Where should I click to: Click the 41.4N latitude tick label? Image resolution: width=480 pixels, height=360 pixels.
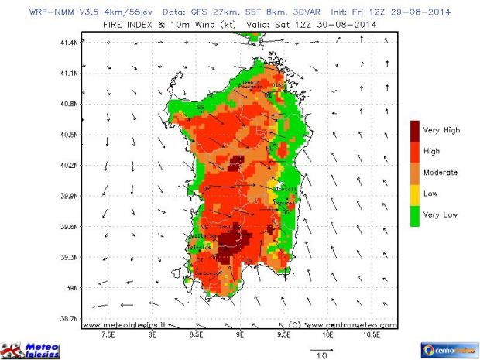pos(69,43)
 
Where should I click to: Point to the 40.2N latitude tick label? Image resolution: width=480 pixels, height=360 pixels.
pos(69,165)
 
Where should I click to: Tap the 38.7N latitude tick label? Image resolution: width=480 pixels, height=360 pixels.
pos(69,318)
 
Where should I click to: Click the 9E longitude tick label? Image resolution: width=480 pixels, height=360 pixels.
pos(240,337)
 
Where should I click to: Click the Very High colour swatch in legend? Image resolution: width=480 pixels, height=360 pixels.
pos(415,130)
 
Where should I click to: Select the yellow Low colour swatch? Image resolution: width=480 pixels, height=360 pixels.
pos(415,194)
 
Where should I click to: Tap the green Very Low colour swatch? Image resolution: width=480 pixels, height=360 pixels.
pos(415,214)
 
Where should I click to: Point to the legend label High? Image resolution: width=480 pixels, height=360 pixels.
pos(432,152)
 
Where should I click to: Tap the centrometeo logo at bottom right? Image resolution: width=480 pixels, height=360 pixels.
pos(449,349)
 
